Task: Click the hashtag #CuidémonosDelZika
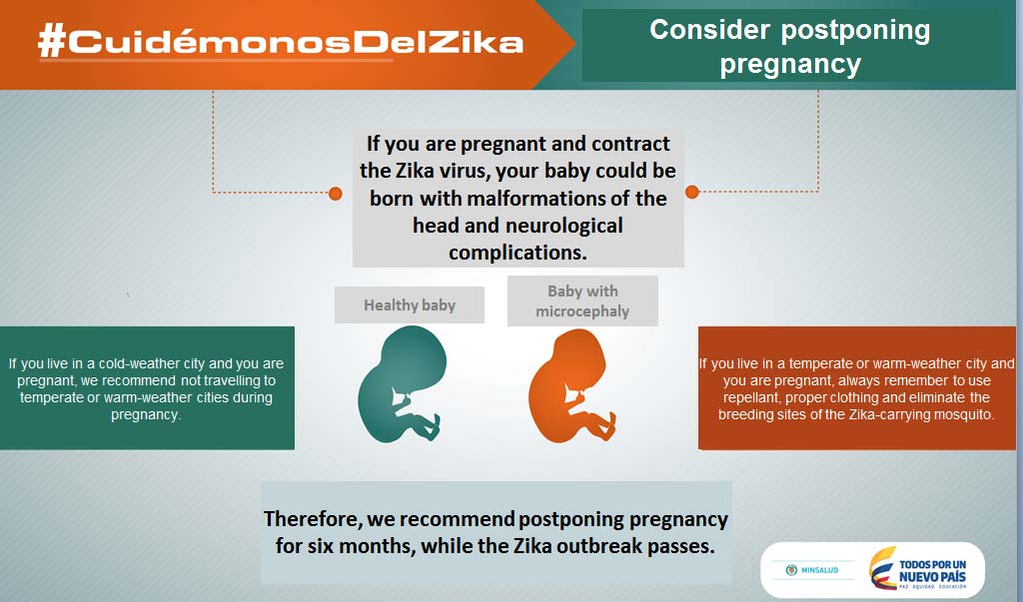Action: tap(281, 42)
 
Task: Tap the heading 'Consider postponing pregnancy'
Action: tap(790, 47)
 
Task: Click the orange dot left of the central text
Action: tap(336, 193)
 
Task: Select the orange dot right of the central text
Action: tap(692, 192)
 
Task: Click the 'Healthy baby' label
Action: tap(410, 305)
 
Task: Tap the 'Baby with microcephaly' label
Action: tap(582, 301)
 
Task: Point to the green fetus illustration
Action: tap(402, 384)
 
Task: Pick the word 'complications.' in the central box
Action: tap(518, 253)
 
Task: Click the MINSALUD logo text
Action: tap(819, 570)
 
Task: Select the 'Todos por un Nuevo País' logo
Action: tap(919, 569)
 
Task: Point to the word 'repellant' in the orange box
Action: tap(752, 398)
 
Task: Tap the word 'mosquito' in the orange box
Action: tap(963, 415)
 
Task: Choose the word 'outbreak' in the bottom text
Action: tap(594, 546)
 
